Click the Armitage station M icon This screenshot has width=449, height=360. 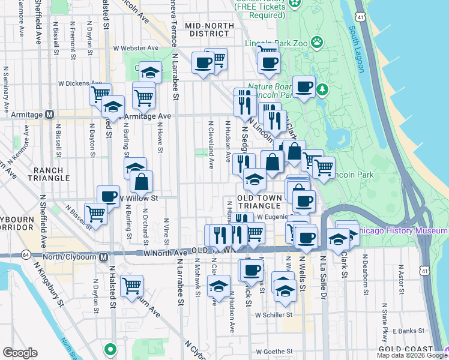click(50, 114)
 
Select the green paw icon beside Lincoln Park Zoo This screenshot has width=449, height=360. click(316, 43)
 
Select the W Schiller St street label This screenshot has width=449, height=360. click(273, 314)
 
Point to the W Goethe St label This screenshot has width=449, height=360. click(273, 352)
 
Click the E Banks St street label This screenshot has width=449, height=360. click(408, 331)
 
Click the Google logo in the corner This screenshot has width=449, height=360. click(19, 353)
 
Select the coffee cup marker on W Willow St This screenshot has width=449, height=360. click(108, 195)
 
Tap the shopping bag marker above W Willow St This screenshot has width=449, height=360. click(142, 181)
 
